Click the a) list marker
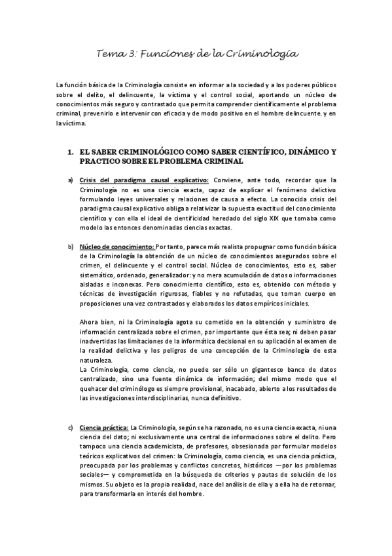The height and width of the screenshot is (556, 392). pyautogui.click(x=70, y=180)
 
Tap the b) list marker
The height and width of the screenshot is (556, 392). pyautogui.click(x=70, y=246)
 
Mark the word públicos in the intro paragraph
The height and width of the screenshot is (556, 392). pyautogui.click(x=323, y=85)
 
